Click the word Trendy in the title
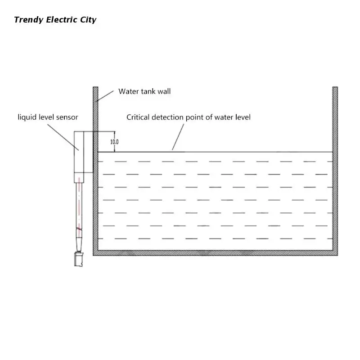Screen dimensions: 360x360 point(28,20)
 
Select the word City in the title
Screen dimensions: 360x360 point(88,20)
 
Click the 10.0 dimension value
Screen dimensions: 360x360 point(114,142)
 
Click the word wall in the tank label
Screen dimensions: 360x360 point(164,91)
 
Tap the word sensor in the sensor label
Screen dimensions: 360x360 point(67,117)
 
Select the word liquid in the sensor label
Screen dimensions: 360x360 point(27,117)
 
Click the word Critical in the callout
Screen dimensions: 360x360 point(138,117)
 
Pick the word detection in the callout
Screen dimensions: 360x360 point(167,117)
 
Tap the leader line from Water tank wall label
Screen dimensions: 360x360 point(104,96)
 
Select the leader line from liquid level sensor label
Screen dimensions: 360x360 point(63,137)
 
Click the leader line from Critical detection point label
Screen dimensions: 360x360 point(178,137)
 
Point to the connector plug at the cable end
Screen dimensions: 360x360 point(78,259)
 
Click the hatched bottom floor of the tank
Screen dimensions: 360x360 point(216,253)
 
